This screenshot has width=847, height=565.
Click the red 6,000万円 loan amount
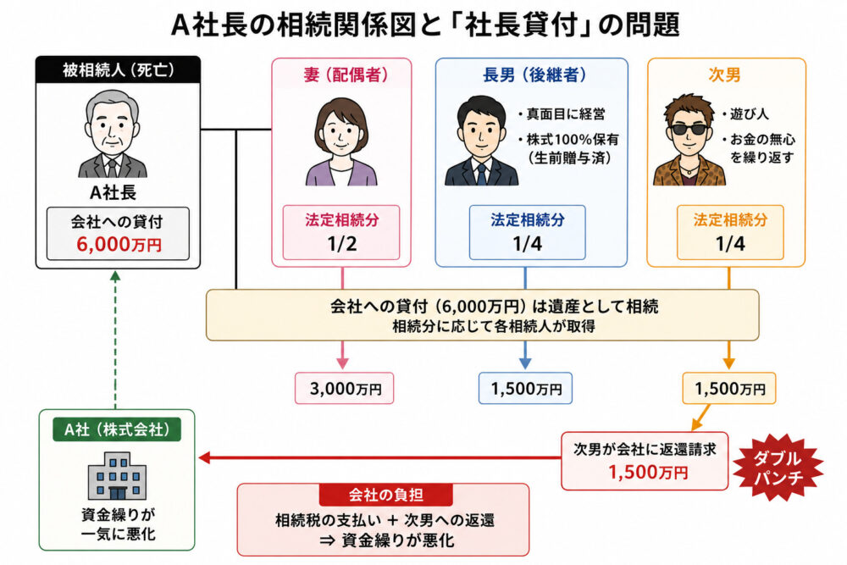click(119, 245)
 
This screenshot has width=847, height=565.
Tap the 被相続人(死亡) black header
click(118, 70)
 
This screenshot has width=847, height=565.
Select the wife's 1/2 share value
click(342, 244)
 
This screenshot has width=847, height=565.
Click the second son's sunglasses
click(688, 129)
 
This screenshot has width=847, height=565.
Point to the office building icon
click(117, 476)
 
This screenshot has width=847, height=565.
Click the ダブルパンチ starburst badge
click(778, 468)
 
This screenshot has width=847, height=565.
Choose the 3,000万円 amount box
click(344, 388)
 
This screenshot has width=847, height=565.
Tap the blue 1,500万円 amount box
click(525, 388)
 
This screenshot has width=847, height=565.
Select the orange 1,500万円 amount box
click(728, 388)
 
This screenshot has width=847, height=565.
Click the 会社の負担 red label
click(385, 494)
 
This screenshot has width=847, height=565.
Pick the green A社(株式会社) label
click(117, 429)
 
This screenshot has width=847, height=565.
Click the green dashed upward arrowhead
click(115, 275)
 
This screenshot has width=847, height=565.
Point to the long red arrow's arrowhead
click(204, 458)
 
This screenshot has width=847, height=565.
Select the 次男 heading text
click(724, 75)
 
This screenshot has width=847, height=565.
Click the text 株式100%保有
click(573, 140)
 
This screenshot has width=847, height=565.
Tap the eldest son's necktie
click(481, 174)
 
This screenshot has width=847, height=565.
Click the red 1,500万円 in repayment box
click(648, 473)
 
